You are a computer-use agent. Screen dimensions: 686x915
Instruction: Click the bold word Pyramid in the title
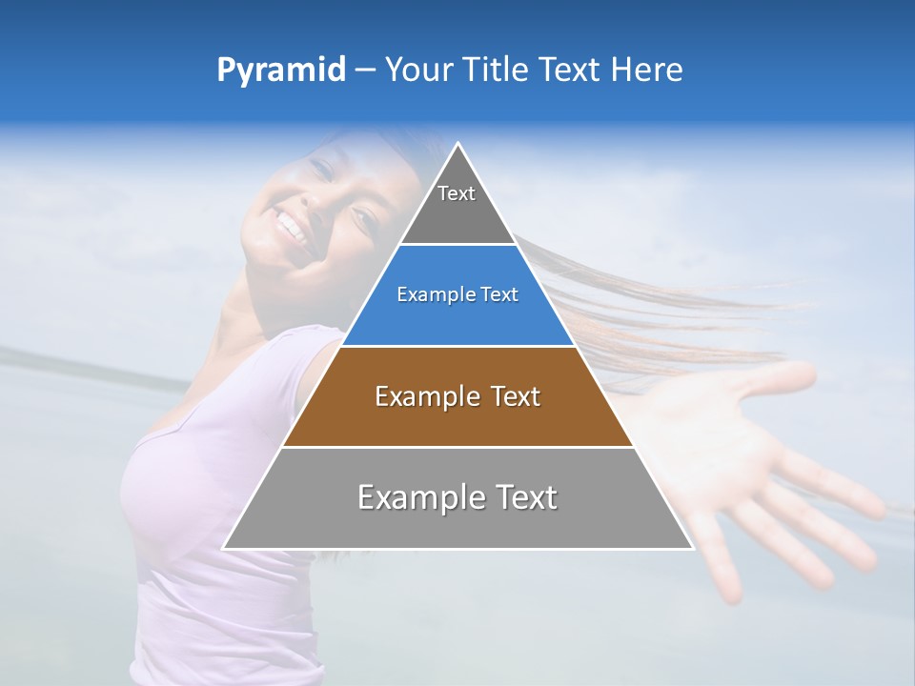(280, 71)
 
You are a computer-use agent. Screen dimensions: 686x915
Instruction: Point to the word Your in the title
(417, 70)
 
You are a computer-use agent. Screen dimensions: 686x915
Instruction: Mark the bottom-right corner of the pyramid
(692, 548)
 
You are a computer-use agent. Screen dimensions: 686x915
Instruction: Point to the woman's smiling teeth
(291, 228)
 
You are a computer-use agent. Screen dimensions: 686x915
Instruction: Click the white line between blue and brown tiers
(457, 346)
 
